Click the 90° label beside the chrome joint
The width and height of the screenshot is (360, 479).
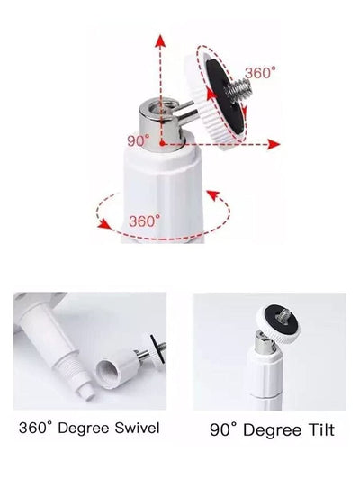[x=139, y=141]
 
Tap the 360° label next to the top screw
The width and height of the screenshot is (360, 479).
[x=262, y=72]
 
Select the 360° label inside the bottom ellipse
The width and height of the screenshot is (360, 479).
[x=144, y=220]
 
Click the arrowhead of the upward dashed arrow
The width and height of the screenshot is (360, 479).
[x=162, y=41]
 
